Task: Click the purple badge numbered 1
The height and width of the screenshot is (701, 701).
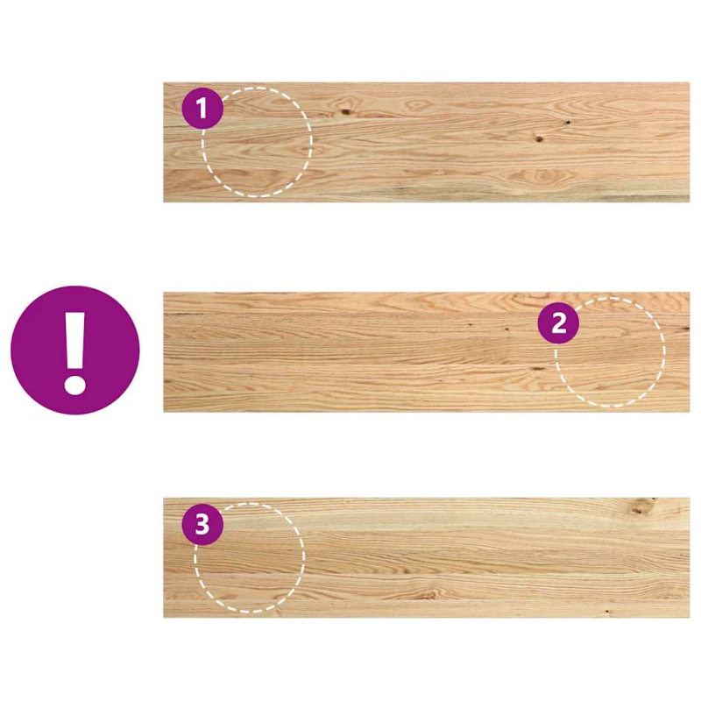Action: pos(202,109)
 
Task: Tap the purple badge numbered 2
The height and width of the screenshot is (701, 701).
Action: pos(558,324)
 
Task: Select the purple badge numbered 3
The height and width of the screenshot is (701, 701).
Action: pos(202,525)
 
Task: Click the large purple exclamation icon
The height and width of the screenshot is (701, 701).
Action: pos(74,350)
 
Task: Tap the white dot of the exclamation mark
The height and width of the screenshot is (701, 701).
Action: pos(74,383)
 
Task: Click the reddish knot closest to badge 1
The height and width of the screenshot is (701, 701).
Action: pos(346,110)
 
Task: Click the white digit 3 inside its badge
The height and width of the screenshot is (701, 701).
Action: pos(202,525)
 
